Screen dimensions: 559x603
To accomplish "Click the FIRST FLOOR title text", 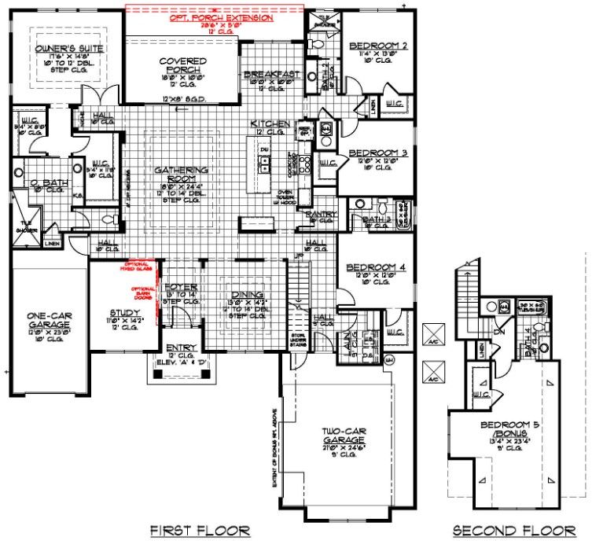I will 200,531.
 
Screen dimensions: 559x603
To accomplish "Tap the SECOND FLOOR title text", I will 513,531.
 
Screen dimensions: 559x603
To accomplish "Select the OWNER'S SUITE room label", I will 70,48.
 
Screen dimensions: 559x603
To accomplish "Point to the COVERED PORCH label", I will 182,66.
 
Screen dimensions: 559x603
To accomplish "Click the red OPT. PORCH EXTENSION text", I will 215,16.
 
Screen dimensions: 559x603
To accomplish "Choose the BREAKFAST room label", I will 272,73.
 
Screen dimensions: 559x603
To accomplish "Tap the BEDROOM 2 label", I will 378,46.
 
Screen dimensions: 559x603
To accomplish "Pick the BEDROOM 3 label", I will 377,152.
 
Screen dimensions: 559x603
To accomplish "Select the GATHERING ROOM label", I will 182,175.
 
